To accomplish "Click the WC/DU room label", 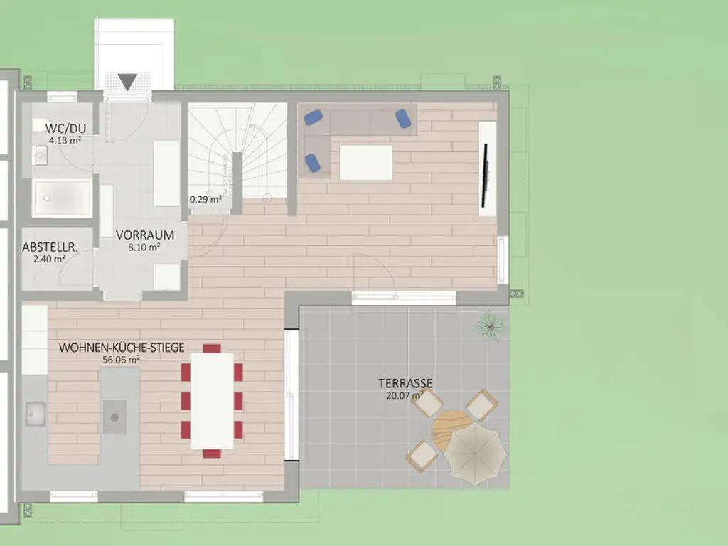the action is point(65,129).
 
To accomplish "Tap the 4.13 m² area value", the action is point(65,140).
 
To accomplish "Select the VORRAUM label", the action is point(145,235).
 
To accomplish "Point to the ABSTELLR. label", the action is point(50,247).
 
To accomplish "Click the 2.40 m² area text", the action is point(49,259).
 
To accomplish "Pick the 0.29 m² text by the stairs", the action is point(205,200).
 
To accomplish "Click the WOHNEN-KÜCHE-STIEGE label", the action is point(122,348).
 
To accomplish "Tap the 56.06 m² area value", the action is point(121,359).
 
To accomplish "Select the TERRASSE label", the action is point(405,383).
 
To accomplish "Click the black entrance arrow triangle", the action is point(127,82).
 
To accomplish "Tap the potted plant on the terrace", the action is point(491,326).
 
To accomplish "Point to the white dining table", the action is point(212,401).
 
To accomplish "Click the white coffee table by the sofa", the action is point(366,163).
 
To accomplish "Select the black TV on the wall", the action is point(485,175).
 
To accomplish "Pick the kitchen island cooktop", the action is point(114,417).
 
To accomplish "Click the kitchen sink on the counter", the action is point(36,414).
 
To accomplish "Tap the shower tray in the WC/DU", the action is point(62,198).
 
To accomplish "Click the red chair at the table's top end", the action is point(212,348).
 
